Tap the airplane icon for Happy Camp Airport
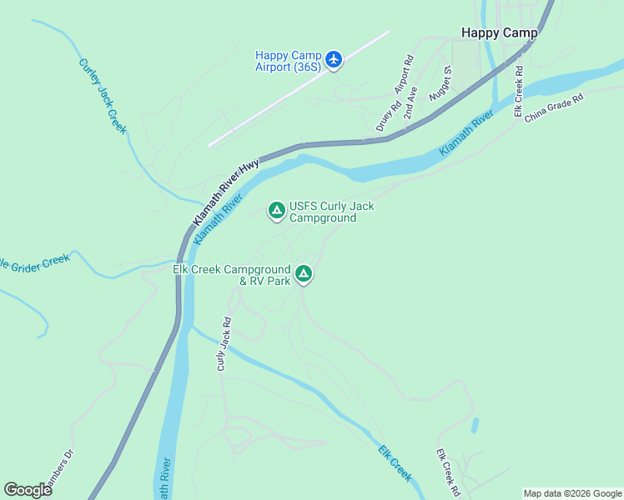[x=335, y=59]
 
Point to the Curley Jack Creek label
[x=103, y=95]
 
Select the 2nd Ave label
[x=410, y=102]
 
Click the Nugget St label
[x=440, y=84]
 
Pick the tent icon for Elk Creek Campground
[x=304, y=273]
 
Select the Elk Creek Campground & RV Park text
[x=232, y=275]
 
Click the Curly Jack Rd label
[x=224, y=342]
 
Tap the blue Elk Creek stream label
[x=395, y=462]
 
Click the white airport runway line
[x=299, y=89]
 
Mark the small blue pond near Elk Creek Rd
[x=475, y=425]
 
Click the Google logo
[x=28, y=490]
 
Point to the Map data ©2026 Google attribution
[x=572, y=493]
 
